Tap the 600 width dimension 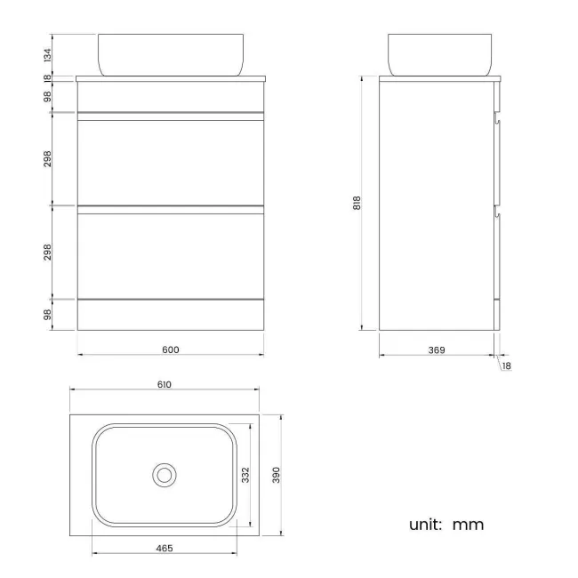pos(171,349)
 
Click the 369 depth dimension pos(436,350)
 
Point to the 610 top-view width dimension pos(164,384)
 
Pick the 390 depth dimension pos(276,476)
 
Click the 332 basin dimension pos(245,476)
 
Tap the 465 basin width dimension pos(165,549)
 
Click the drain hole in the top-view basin pos(164,475)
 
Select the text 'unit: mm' pos(446,525)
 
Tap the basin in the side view pos(440,53)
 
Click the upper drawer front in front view pos(171,163)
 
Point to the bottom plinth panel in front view pos(171,314)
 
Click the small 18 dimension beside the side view pos(506,365)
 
